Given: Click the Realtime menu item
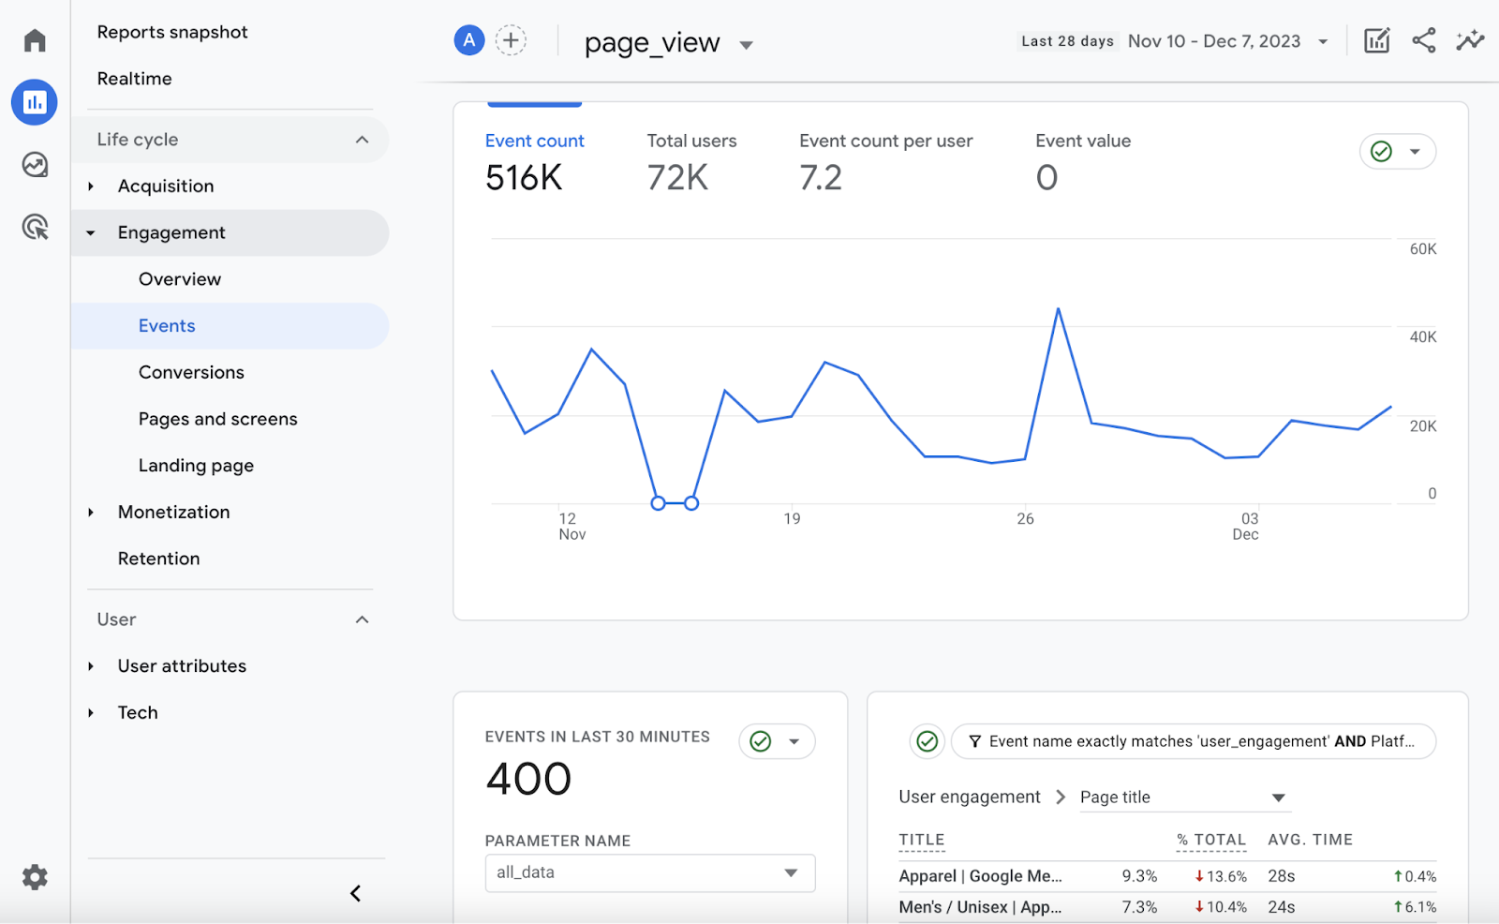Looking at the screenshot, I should pos(134,79).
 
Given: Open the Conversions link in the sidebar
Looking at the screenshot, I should pos(191,372).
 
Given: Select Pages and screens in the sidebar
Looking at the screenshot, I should pos(217,419).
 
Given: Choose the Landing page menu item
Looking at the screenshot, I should pos(196,466).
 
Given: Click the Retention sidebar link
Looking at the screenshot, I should pos(158,559).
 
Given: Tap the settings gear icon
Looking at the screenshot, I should pos(35,877).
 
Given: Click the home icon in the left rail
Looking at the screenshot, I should pos(35,40).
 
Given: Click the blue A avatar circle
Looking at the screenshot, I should pos(468,40).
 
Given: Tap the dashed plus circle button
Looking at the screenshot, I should pos(511,40).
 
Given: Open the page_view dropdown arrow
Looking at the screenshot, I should pos(746,45).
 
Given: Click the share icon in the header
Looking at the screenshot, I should pos(1423,40).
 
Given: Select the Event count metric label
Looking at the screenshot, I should pos(534,141).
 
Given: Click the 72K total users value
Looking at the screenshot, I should pos(677,177).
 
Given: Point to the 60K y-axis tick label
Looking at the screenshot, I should pos(1422,249).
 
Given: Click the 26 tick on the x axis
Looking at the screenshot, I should pos(1025,518).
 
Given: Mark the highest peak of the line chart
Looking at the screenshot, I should pos(1058,308).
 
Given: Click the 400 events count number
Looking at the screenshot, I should pos(528,779).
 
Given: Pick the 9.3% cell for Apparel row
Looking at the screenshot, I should pos(1139,876).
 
